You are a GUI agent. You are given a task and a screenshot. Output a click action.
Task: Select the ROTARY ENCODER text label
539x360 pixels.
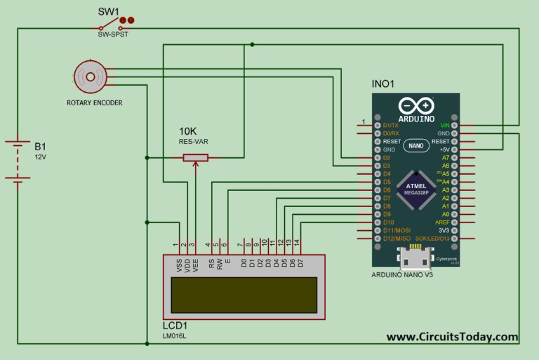95,103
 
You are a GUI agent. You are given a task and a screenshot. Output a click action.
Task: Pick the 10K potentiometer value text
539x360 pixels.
188,131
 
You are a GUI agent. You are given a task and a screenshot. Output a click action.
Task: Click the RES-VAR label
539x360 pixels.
193,141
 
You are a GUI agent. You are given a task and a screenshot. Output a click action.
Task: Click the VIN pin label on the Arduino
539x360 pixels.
444,125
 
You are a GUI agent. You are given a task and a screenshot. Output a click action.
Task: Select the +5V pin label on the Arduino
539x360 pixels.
444,149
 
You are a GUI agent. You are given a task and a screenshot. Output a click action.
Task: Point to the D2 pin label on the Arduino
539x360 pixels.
387,157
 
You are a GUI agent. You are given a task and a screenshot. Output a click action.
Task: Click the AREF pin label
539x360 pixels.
442,222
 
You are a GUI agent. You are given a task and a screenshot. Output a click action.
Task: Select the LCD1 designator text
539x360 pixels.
175,326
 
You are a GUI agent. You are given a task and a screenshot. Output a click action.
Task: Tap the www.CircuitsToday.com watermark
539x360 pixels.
453,337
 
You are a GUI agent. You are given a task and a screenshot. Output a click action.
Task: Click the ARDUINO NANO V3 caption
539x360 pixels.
403,274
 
